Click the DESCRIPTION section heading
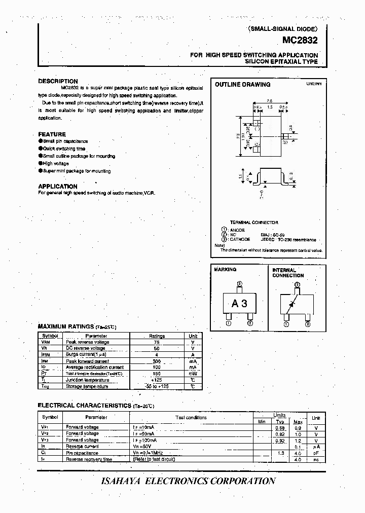[x=58, y=81]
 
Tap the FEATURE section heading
[x=52, y=134]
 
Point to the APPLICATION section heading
[x=58, y=186]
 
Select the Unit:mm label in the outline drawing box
[x=313, y=84]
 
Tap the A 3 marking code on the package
[x=239, y=304]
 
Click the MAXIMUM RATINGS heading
[x=66, y=327]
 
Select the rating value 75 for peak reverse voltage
[x=157, y=342]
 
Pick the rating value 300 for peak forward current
[x=157, y=361]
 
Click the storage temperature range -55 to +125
[x=157, y=386]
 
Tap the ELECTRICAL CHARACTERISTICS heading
[x=85, y=406]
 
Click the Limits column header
[x=279, y=415]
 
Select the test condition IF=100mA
[x=145, y=441]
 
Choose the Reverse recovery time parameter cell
[x=89, y=459]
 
